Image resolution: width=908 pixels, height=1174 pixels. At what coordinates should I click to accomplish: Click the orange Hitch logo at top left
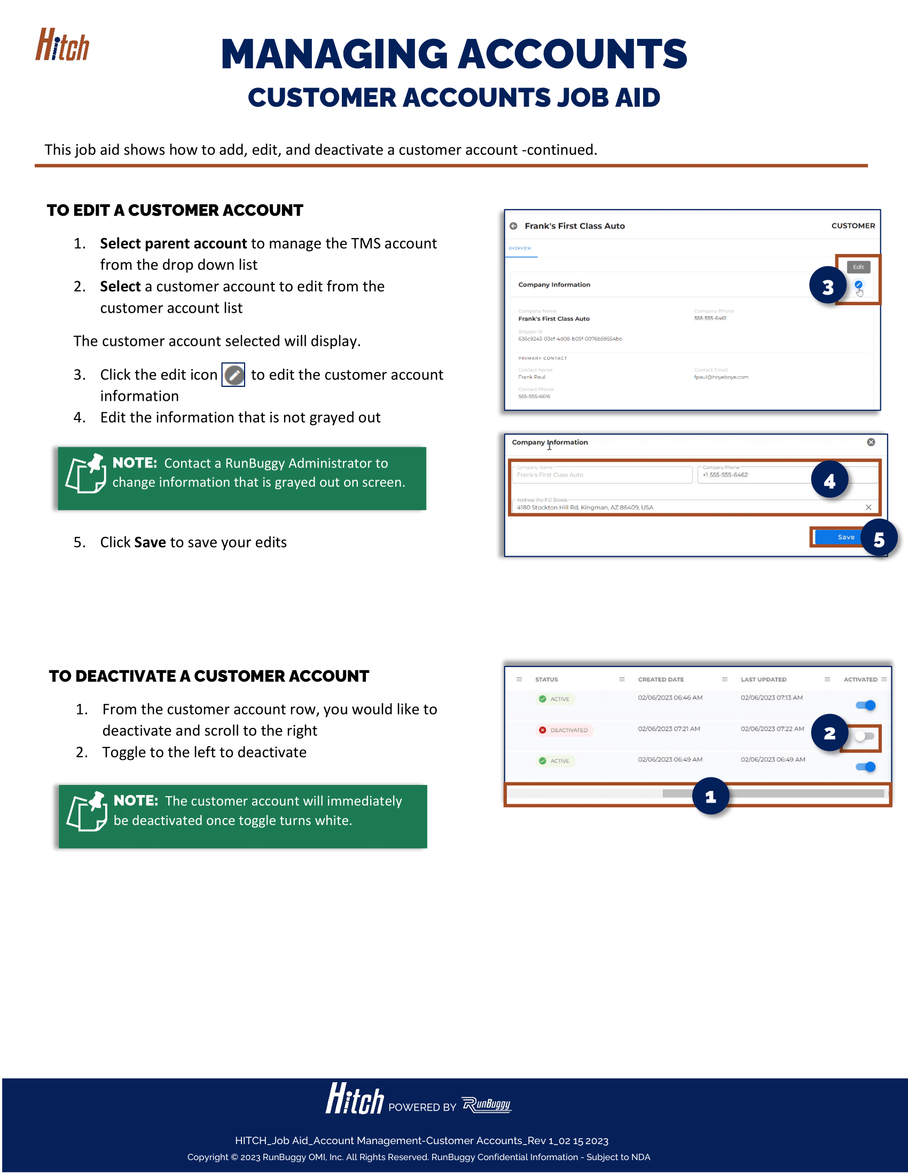click(62, 45)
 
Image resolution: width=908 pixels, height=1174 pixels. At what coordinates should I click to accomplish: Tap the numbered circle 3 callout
click(828, 285)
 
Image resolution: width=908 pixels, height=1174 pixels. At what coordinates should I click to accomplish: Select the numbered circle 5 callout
click(879, 538)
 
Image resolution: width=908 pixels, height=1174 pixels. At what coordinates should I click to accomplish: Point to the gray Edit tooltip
click(858, 267)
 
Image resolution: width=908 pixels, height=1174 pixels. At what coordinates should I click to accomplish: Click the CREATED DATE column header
click(661, 679)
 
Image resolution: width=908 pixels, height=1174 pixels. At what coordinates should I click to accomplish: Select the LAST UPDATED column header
click(763, 679)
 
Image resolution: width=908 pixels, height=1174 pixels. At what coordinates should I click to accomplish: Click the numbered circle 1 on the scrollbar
click(710, 796)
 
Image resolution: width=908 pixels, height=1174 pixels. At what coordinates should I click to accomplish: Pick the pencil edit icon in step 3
click(233, 375)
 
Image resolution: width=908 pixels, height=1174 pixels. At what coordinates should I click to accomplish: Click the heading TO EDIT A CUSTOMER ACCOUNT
click(175, 210)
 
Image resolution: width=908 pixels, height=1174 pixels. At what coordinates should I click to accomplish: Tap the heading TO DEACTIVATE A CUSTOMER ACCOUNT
click(209, 676)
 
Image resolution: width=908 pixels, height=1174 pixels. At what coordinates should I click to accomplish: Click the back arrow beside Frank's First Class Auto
click(514, 226)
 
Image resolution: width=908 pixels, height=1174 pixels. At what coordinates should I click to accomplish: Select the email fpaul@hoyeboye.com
click(721, 377)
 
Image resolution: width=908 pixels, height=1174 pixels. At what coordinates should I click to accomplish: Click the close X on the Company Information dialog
click(871, 442)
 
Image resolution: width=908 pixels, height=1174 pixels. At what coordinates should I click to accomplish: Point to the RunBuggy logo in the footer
click(487, 1105)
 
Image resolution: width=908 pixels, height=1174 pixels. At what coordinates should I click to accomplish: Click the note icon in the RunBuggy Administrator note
click(85, 473)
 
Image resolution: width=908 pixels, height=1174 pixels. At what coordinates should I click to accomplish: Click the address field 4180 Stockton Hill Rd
click(585, 507)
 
